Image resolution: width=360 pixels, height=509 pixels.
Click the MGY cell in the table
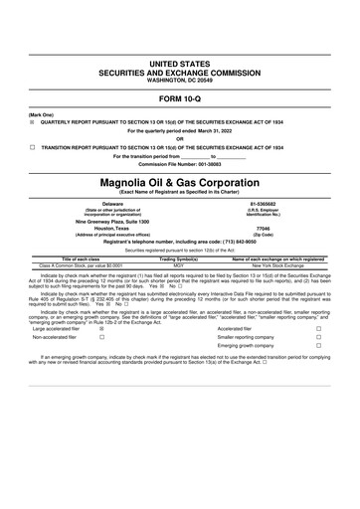click(179, 265)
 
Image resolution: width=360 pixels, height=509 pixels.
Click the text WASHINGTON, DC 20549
click(180, 79)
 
